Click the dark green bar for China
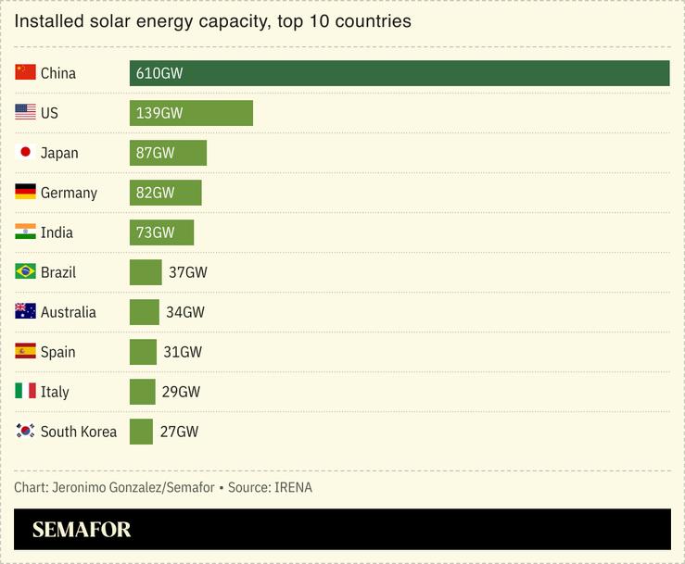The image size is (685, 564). click(399, 73)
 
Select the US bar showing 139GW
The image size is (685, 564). click(191, 113)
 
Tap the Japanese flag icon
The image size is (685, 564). click(25, 153)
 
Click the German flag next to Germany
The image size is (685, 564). click(25, 193)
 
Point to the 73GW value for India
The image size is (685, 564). click(155, 232)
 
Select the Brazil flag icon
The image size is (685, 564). click(25, 272)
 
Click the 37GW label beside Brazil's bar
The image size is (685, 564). click(187, 272)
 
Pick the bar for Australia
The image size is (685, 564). click(145, 312)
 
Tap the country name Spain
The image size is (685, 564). click(57, 352)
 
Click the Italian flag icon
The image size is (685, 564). click(25, 392)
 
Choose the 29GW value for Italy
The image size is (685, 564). click(181, 392)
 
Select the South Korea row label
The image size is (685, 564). click(79, 432)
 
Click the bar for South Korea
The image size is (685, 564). click(141, 432)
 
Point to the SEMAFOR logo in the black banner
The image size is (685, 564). click(82, 530)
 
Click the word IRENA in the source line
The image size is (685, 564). click(293, 487)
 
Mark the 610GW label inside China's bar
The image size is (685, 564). click(159, 73)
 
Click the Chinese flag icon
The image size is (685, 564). click(25, 72)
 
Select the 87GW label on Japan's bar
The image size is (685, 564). click(155, 153)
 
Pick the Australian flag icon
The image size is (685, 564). click(25, 312)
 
